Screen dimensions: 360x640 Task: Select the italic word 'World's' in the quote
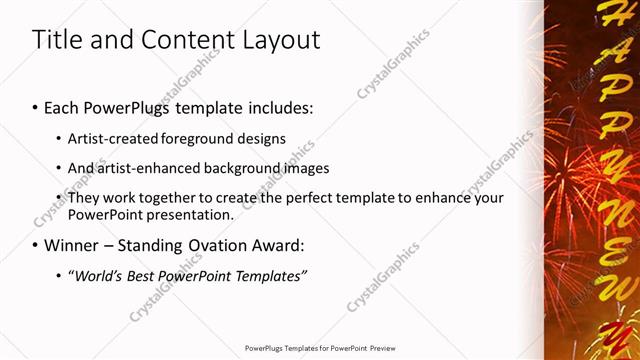(x=96, y=275)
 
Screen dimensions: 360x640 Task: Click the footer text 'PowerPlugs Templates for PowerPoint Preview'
(x=320, y=348)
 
